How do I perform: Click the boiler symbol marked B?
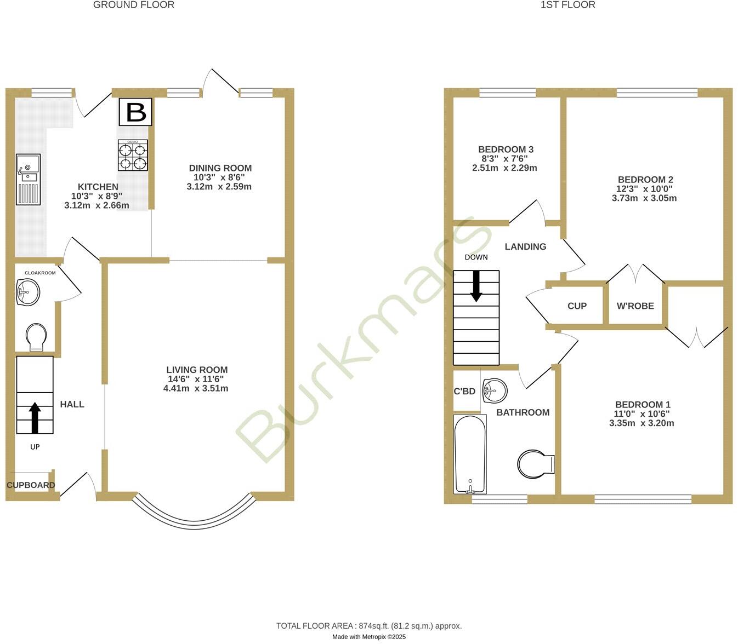pos(135,112)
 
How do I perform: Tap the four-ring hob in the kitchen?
pos(133,155)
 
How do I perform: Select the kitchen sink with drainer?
pos(28,179)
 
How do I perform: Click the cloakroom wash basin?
pos(28,291)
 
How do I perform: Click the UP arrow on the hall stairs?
pos(35,417)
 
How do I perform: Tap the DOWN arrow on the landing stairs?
pos(476,286)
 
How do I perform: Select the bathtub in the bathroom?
pos(470,453)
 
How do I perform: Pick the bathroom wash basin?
pos(495,390)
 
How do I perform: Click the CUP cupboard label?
pos(577,306)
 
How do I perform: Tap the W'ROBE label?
pos(635,306)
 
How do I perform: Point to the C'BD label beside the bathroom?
pos(464,392)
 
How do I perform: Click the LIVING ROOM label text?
pos(197,370)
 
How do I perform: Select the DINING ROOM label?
pos(220,168)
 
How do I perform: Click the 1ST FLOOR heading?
pos(567,5)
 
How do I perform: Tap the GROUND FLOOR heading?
pos(134,5)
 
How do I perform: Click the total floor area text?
pos(369,625)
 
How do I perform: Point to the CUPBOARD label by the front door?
pos(31,485)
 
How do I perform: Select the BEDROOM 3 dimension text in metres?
pos(504,168)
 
